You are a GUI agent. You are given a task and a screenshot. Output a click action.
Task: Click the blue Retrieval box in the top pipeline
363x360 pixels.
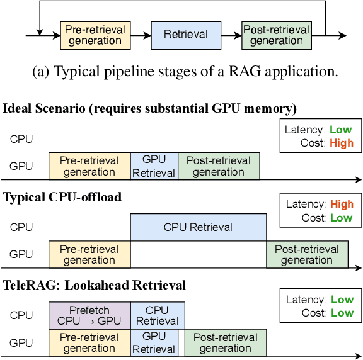[185, 35]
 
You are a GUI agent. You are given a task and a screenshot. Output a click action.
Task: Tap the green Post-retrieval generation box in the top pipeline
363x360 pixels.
[277, 35]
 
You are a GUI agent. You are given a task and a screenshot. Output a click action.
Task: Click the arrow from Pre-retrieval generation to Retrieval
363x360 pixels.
[139, 35]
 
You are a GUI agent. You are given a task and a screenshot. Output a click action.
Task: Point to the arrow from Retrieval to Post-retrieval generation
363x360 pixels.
[231, 35]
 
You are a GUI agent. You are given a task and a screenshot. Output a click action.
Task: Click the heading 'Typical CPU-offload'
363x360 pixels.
[62, 197]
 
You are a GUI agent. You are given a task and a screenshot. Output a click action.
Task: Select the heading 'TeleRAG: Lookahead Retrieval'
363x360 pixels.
[95, 285]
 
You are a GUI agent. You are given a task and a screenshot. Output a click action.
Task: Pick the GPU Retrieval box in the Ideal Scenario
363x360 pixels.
[154, 166]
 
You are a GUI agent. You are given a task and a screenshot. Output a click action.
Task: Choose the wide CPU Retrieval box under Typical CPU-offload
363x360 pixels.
[198, 227]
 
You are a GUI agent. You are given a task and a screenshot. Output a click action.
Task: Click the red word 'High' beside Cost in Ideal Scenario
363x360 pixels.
[341, 143]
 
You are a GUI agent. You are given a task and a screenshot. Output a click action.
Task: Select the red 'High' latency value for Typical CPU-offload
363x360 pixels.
[342, 204]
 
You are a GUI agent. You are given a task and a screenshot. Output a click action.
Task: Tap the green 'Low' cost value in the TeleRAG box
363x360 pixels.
[342, 313]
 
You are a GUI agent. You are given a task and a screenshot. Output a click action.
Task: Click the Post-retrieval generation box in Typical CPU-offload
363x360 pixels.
[307, 254]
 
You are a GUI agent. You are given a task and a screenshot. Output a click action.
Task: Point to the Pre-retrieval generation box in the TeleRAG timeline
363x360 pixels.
[89, 343]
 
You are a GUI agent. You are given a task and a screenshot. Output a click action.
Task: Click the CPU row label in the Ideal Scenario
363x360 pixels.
[21, 139]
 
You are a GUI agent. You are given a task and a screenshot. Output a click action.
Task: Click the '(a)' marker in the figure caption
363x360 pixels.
[41, 71]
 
